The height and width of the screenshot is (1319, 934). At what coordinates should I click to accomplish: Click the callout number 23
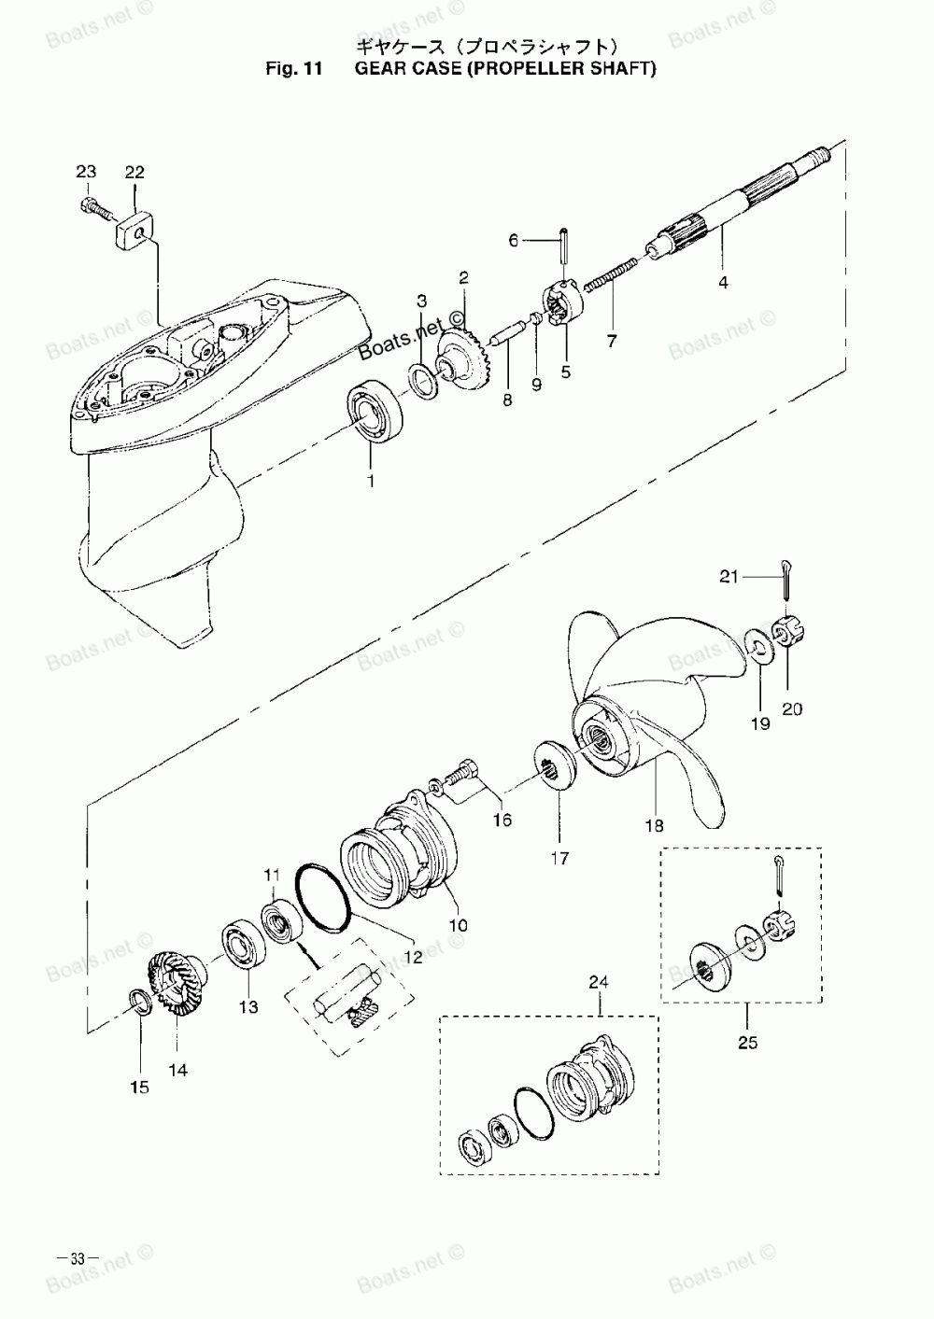coord(86,172)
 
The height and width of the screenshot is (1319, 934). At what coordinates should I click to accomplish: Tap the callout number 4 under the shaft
coord(723,282)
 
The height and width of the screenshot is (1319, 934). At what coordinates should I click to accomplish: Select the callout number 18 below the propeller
coord(655,825)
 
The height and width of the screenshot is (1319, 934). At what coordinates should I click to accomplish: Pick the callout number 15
coord(140,1087)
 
